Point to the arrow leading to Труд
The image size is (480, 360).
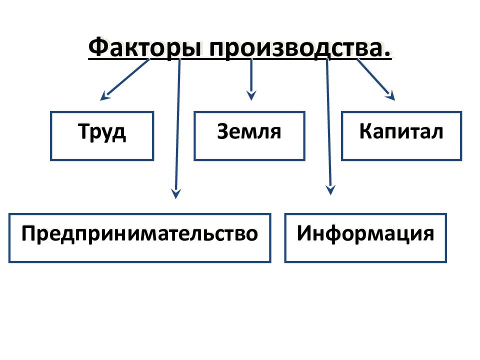(x=125, y=79)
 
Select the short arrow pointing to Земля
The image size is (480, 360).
(x=251, y=79)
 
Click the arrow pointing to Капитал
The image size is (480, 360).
(x=376, y=79)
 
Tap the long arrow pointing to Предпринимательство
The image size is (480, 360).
(x=177, y=128)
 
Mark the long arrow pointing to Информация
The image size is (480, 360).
(x=329, y=126)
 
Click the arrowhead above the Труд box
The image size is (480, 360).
(x=104, y=95)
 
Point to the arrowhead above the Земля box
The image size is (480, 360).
(x=251, y=95)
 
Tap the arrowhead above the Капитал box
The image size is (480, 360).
(x=390, y=96)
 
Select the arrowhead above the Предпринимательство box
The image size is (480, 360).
(x=176, y=194)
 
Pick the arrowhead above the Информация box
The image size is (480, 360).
(x=330, y=190)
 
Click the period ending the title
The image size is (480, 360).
(x=387, y=54)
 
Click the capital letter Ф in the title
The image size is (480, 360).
(x=98, y=47)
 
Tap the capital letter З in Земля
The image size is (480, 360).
(x=223, y=131)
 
